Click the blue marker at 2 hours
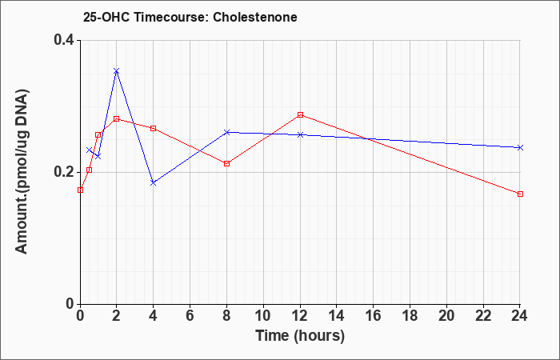tap(116, 71)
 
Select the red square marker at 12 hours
tap(300, 114)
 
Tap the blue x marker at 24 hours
tap(520, 147)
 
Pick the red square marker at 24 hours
tap(520, 194)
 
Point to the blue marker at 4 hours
tap(154, 183)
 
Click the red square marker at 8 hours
tap(226, 163)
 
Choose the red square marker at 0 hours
tap(80, 190)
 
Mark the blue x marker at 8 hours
tap(226, 132)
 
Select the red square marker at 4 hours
tap(154, 128)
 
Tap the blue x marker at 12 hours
tap(300, 134)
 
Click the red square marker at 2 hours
tap(116, 118)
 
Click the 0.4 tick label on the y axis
tap(63, 40)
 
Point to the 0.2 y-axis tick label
tap(63, 172)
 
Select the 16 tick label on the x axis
tap(374, 316)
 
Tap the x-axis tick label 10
tap(263, 316)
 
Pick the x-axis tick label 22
tap(483, 316)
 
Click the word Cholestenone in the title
tap(255, 17)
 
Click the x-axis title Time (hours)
tap(300, 336)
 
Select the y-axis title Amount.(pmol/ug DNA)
tap(22, 172)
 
